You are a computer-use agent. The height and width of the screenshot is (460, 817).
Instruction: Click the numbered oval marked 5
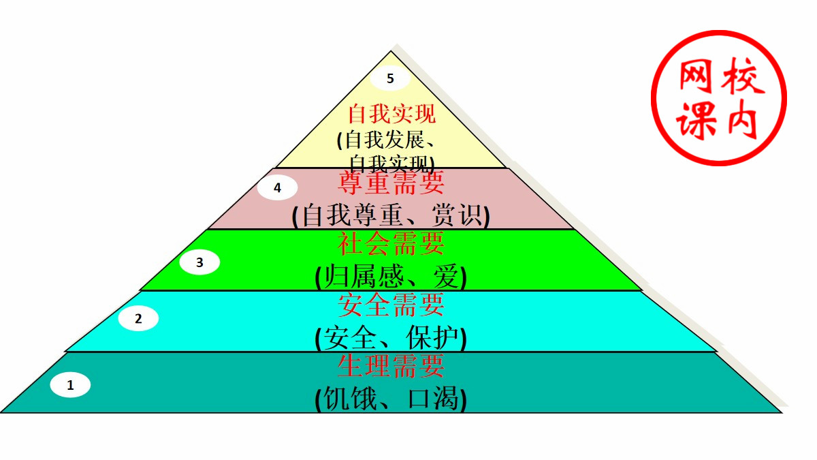[x=390, y=78]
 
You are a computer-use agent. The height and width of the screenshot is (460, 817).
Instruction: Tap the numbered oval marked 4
[x=277, y=188]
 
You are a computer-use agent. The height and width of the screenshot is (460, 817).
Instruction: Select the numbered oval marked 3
[x=199, y=263]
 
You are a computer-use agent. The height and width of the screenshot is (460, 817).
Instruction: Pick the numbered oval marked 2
[x=138, y=318]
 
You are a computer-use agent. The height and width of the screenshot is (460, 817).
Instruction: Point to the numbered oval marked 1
[x=70, y=386]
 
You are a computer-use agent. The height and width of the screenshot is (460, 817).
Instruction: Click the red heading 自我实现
[x=391, y=113]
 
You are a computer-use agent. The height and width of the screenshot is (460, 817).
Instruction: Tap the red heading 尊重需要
[x=391, y=183]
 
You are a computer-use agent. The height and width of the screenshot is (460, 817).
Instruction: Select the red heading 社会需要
[x=391, y=243]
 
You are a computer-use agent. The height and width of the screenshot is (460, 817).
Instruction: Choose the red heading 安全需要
[x=391, y=304]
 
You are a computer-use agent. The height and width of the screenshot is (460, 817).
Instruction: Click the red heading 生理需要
[x=391, y=366]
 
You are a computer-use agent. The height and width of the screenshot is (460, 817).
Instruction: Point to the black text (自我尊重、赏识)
[x=391, y=216]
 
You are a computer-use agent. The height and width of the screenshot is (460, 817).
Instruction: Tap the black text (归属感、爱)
[x=391, y=277]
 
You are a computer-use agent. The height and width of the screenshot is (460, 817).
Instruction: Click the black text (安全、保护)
[x=391, y=337]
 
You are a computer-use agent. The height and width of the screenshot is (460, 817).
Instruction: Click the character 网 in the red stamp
[x=695, y=77]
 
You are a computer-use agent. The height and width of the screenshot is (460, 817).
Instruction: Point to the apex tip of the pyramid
[x=391, y=51]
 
